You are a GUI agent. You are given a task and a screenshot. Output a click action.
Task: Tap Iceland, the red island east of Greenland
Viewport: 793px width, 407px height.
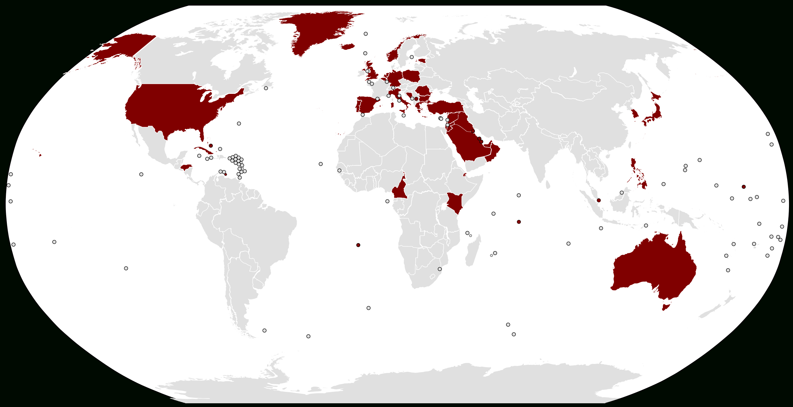pyautogui.click(x=348, y=46)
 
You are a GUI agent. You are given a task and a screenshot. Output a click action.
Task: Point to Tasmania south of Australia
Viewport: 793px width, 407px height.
pyautogui.click(x=666, y=307)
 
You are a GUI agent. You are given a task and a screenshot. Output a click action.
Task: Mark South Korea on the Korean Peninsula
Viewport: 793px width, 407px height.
pyautogui.click(x=635, y=114)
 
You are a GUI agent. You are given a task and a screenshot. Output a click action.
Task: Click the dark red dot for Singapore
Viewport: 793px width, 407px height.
pyautogui.click(x=598, y=200)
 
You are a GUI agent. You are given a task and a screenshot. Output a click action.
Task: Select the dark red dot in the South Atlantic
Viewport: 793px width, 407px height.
pyautogui.click(x=358, y=245)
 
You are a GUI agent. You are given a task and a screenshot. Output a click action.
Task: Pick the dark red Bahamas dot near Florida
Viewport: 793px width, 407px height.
pyautogui.click(x=211, y=146)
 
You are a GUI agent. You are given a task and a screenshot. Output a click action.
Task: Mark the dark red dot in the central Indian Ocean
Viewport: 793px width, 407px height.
pyautogui.click(x=519, y=222)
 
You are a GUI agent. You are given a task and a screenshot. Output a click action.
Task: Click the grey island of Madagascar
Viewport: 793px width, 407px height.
pyautogui.click(x=473, y=251)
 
